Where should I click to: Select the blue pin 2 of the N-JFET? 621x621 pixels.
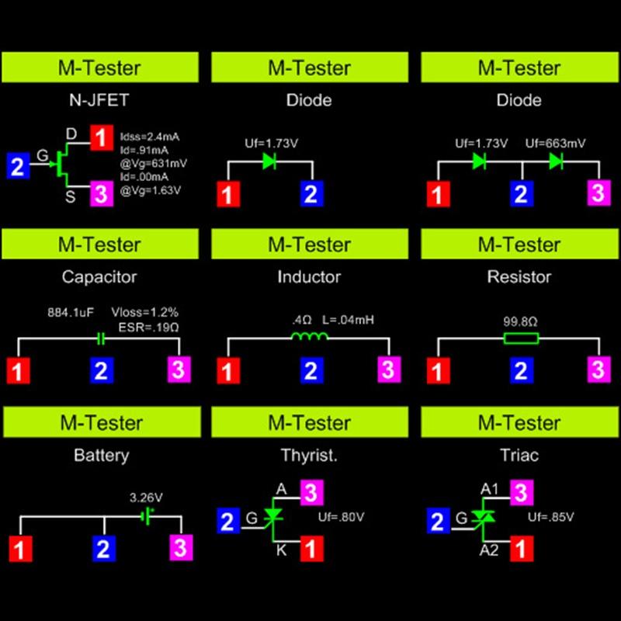[x=19, y=165]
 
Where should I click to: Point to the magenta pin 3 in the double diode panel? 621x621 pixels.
[x=597, y=193]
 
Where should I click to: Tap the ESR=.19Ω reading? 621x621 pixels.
[x=150, y=327]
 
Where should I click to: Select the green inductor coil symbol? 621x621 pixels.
[x=310, y=336]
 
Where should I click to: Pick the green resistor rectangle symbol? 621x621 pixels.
[x=521, y=338]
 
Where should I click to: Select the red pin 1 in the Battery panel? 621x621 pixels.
[x=22, y=549]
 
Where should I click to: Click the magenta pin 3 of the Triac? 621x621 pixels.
[x=521, y=492]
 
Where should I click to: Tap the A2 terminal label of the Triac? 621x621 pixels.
[x=489, y=550]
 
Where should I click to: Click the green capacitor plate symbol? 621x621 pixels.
[x=101, y=338]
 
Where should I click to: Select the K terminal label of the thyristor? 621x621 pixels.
[x=282, y=550]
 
